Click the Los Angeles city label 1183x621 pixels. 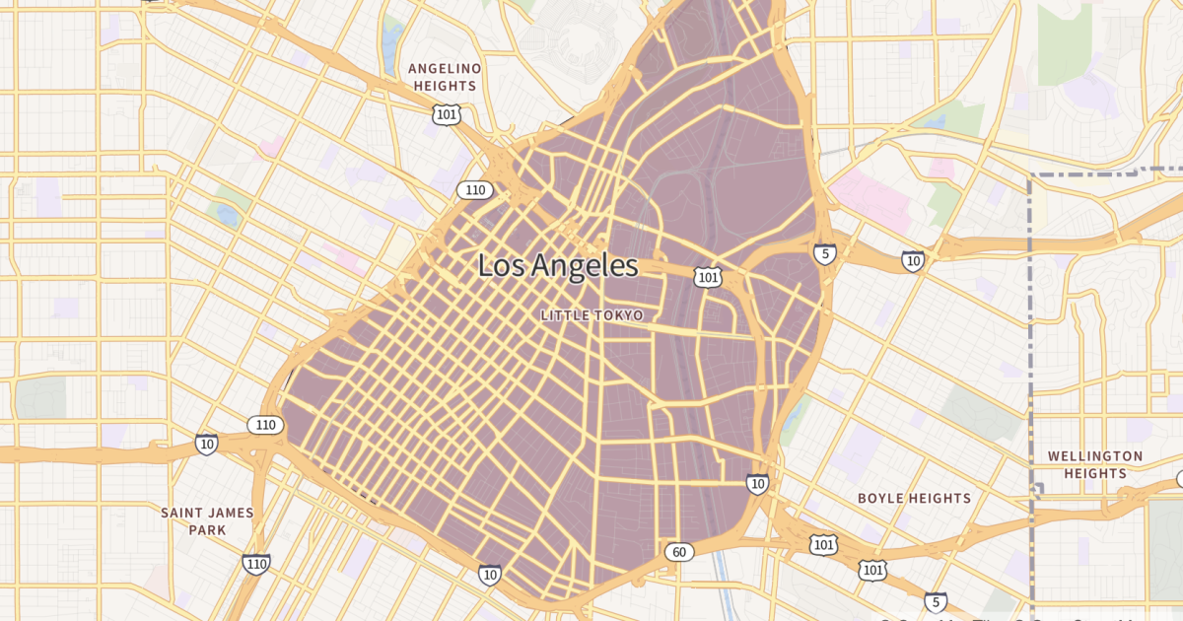[558, 265]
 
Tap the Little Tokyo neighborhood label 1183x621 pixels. [591, 315]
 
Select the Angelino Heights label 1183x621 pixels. [444, 77]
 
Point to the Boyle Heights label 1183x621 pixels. [914, 498]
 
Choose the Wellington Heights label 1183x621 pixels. [1095, 464]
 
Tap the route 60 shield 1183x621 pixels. [678, 552]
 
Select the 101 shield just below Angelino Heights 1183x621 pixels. [446, 115]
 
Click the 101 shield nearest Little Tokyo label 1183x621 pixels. [707, 278]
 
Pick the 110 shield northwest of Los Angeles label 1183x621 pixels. [475, 190]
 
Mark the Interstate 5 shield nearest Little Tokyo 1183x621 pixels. [825, 253]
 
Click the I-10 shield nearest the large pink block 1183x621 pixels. [913, 261]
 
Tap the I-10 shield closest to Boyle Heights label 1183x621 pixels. [757, 483]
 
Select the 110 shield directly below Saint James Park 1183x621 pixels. [256, 564]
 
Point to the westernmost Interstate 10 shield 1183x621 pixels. [206, 445]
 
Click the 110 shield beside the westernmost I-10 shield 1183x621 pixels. [264, 425]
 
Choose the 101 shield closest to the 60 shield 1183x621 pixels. [824, 544]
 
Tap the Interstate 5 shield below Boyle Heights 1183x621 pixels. [936, 602]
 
